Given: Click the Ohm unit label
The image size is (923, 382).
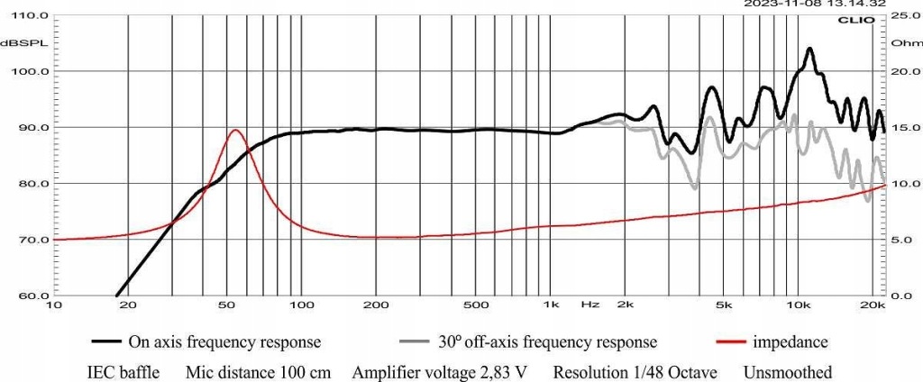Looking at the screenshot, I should [901, 43].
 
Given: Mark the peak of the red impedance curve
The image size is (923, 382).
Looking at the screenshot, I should [235, 130].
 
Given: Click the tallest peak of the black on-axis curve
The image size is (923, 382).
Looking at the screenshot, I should [809, 49].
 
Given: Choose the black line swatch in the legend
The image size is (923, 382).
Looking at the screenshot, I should [108, 342].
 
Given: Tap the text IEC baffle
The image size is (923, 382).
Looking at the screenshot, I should [126, 371].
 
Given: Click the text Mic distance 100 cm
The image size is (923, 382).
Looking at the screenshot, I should [260, 371].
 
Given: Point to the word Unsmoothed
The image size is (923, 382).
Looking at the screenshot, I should [789, 371].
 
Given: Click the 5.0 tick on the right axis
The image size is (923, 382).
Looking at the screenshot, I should [901, 241].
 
